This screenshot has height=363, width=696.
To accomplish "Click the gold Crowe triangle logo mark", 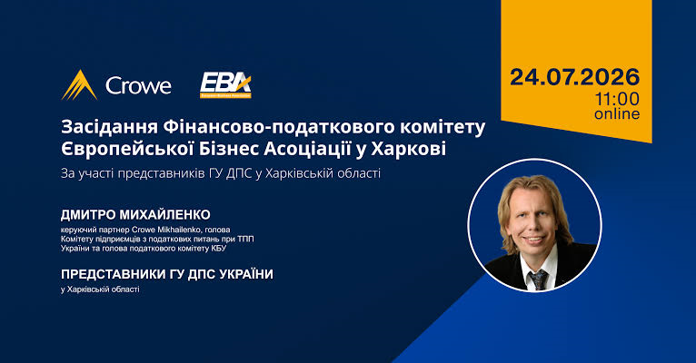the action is pos(79,85).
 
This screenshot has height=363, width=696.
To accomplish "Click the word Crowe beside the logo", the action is pos(138,85).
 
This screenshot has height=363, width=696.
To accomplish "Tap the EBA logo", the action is pos(225,85).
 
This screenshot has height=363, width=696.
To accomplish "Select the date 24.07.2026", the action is pos(575,77).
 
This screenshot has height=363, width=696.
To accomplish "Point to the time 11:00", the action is pos(618,98).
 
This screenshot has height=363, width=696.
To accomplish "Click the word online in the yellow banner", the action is pos(617,113).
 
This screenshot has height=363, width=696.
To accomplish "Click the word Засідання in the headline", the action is pos(109,127).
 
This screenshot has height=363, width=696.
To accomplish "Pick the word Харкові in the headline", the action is pos(408,149).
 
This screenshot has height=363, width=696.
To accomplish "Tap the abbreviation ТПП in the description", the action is pos(245,239).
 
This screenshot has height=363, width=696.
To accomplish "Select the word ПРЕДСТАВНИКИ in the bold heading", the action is pos(114,274).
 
